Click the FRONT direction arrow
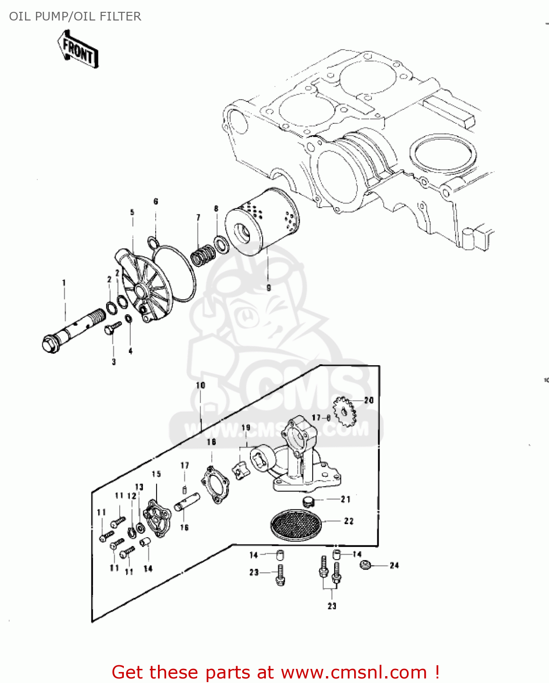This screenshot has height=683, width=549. (78, 50)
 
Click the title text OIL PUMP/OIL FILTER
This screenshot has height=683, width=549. (75, 16)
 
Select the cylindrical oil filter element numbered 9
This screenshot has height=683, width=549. (262, 223)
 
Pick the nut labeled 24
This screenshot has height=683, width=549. (365, 565)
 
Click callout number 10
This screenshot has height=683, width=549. (200, 385)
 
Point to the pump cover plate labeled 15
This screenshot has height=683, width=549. (156, 518)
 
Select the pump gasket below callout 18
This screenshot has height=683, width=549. (214, 484)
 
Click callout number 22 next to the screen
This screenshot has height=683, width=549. (349, 521)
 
